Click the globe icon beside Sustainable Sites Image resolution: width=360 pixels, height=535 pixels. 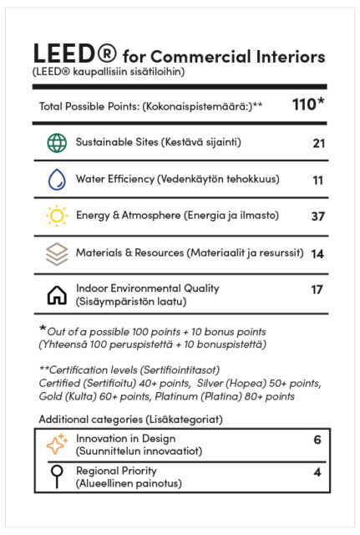(x=57, y=143)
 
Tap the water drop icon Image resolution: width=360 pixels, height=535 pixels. (x=57, y=179)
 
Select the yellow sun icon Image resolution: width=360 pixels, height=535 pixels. (x=57, y=216)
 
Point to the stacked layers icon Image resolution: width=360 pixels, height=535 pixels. (x=57, y=252)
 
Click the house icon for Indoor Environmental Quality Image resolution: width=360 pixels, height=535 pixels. (x=57, y=293)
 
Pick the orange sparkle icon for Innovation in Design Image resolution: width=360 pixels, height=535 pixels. (x=57, y=445)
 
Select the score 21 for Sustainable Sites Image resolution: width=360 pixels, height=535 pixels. (x=318, y=144)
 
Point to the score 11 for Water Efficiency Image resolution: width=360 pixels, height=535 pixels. (x=318, y=180)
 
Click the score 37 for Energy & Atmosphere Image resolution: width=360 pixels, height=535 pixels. (x=317, y=217)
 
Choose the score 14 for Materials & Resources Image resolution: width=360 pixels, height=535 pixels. (x=317, y=253)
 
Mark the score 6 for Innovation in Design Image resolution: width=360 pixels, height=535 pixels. (x=317, y=440)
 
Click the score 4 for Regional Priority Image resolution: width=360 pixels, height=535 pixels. (x=317, y=471)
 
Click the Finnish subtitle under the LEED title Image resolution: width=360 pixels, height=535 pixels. (x=109, y=72)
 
